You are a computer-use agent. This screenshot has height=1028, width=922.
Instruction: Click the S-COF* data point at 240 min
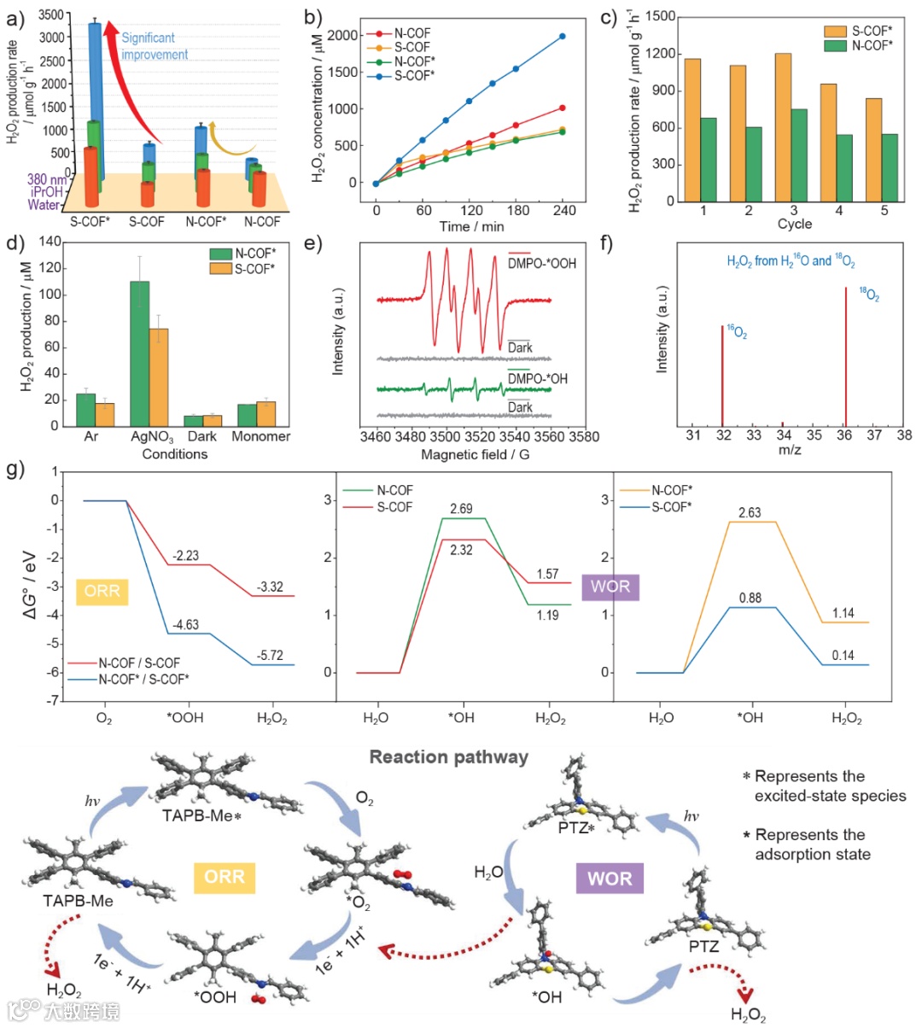(563, 37)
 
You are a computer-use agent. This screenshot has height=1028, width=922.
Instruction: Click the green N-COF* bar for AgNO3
(139, 353)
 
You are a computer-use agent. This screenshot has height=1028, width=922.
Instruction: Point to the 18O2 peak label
(869, 295)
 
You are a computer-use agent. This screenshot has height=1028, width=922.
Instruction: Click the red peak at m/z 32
(722, 375)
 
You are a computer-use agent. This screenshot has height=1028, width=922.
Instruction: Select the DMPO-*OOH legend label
(542, 264)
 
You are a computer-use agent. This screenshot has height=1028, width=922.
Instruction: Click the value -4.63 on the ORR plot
(185, 625)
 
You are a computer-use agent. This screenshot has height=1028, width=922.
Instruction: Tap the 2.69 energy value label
(461, 509)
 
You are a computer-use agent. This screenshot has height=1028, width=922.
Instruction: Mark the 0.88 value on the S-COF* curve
(750, 599)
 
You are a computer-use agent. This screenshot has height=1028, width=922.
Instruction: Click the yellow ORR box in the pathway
(225, 877)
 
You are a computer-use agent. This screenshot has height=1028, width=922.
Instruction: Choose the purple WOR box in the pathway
(610, 879)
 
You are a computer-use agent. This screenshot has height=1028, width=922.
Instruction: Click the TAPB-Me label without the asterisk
(79, 900)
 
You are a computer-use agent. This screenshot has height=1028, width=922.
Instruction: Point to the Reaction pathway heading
(448, 757)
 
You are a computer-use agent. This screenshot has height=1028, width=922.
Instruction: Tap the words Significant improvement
(155, 46)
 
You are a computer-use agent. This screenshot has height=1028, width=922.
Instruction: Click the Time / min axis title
(471, 226)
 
